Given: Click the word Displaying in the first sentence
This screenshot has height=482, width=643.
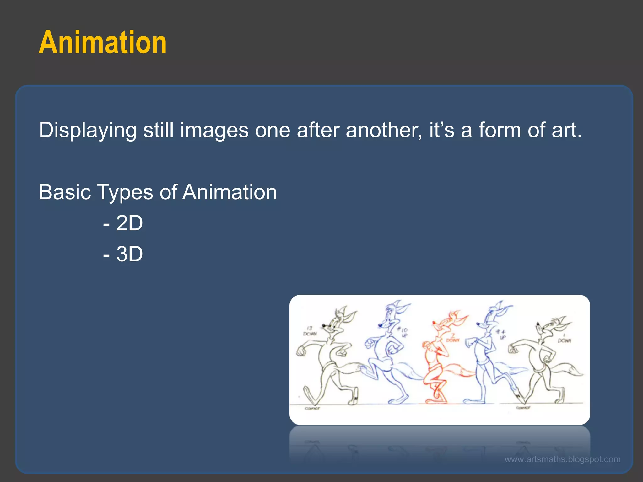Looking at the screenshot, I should coord(88,130).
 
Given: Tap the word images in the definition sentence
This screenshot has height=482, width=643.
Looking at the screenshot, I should coord(214,130).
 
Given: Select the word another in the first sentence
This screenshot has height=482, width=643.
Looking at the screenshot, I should coord(383,130).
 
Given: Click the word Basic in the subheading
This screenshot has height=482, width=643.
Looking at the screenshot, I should coord(65,192).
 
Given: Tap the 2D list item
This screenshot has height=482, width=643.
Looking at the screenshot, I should coord(123,223).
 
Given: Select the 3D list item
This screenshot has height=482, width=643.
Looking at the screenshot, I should coord(123,254).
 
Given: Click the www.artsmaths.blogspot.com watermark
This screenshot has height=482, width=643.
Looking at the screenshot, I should coord(562,459).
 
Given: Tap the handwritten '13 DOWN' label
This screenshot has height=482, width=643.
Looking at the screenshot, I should coord(310,331).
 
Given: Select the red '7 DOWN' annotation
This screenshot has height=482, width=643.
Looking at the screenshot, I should coord(453,338).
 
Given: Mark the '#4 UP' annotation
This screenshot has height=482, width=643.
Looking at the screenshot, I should coord(501,334).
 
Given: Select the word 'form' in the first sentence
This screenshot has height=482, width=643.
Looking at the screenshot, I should coord(500,130).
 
